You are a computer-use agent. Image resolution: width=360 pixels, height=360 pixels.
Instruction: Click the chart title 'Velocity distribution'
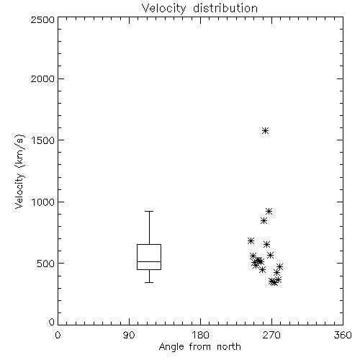tap(199, 9)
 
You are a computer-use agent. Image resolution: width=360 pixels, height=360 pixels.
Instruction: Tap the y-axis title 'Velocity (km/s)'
tap(19, 171)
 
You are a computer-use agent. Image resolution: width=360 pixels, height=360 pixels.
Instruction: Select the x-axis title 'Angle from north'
tap(199, 346)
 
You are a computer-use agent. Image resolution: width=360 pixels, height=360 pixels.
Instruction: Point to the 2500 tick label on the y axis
tap(42, 19)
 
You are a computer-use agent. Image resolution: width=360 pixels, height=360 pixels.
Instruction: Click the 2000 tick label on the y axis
tap(42, 78)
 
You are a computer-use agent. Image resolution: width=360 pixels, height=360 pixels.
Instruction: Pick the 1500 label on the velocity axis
tap(43, 140)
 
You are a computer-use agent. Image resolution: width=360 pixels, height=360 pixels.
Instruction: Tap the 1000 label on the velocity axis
tap(43, 202)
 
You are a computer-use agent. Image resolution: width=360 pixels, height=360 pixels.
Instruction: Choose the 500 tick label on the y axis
tap(46, 264)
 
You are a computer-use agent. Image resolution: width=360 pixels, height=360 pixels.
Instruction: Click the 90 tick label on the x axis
tap(129, 335)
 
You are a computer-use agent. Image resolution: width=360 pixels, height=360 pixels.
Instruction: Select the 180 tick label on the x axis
tap(200, 335)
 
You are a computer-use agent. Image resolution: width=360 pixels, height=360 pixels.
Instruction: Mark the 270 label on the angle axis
tap(271, 335)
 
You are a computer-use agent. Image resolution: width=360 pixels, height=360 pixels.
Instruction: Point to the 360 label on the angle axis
tap(343, 335)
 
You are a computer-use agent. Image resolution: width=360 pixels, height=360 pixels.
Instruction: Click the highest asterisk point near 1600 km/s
tap(265, 131)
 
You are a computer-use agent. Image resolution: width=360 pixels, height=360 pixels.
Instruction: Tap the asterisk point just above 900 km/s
tap(269, 212)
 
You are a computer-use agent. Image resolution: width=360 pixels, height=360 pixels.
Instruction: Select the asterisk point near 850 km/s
tap(264, 221)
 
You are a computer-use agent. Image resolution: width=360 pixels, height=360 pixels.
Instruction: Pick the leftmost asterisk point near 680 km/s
tap(251, 241)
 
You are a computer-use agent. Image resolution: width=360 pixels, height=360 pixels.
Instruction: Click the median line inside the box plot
tap(149, 261)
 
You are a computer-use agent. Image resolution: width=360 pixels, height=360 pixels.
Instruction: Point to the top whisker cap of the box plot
tap(149, 211)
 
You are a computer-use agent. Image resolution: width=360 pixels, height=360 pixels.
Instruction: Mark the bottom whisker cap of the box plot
tap(149, 282)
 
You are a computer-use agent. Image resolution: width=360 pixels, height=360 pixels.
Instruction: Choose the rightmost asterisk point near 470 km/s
tap(279, 266)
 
